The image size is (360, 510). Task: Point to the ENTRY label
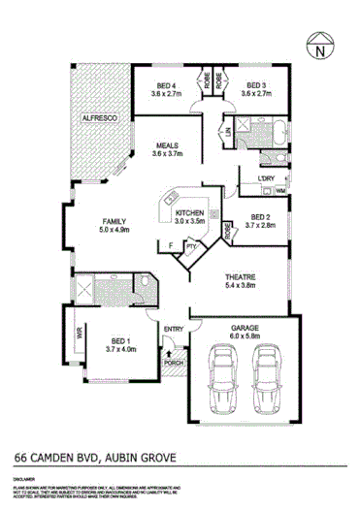pos(174,330)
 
